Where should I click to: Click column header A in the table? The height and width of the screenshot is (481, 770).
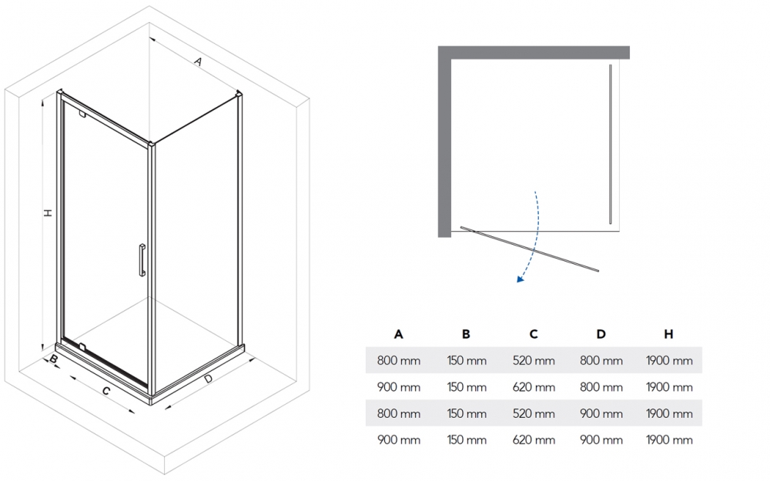coord(398,334)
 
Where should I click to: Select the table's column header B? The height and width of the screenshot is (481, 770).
coord(466,334)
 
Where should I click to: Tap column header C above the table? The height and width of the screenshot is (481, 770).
coord(534,334)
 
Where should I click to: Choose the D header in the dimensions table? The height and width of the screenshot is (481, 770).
coord(601,334)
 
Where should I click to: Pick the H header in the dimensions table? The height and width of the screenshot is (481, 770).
coord(669,334)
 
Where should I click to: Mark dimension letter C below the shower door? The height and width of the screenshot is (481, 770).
coord(106,391)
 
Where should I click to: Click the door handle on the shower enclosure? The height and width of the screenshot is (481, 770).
coord(142,259)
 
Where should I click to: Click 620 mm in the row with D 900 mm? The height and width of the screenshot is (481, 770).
coord(534,440)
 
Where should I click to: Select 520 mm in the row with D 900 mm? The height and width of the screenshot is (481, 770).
coord(534,414)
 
